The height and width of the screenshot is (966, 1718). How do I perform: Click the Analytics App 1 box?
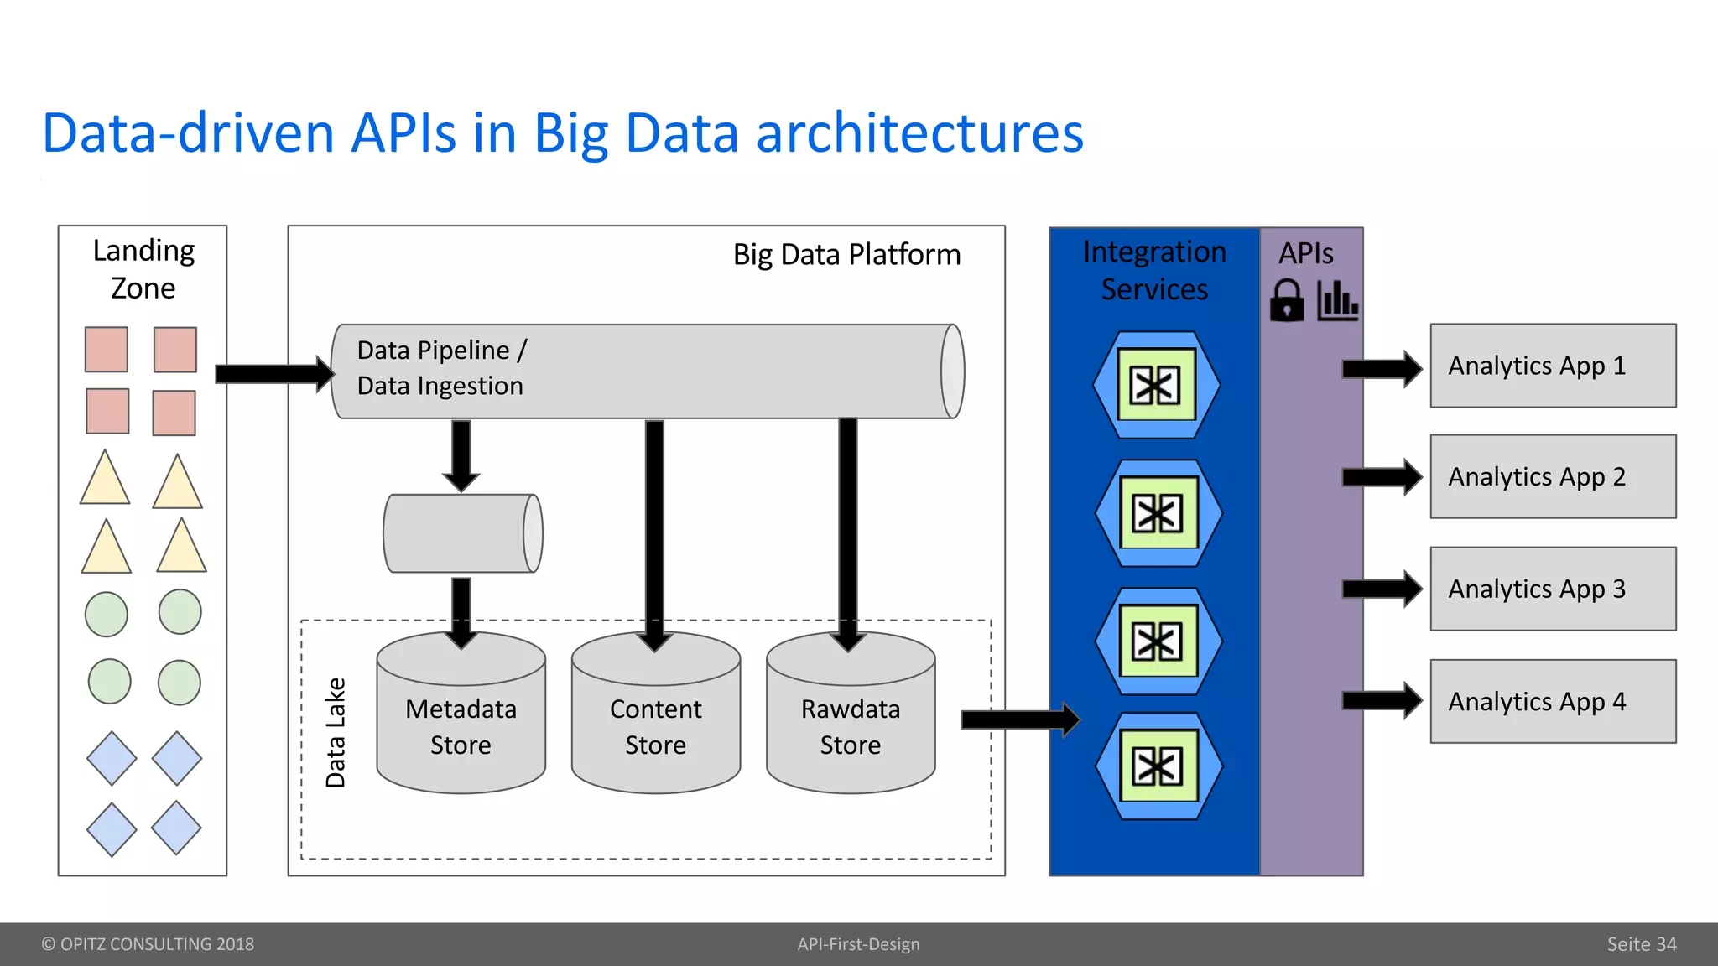point(1553,366)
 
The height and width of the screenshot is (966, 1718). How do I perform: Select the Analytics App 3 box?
point(1553,589)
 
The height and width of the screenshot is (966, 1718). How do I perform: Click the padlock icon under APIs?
point(1287,301)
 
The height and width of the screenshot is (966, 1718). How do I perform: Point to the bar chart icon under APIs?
point(1337,300)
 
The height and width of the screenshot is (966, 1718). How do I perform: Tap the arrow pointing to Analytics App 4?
point(1381,701)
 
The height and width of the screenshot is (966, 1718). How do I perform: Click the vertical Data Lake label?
point(336,732)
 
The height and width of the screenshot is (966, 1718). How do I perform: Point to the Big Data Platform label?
point(846,254)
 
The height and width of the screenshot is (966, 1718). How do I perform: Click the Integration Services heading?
point(1154,270)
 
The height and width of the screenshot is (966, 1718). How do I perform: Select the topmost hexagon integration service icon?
point(1156,385)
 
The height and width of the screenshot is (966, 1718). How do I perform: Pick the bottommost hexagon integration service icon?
point(1158,766)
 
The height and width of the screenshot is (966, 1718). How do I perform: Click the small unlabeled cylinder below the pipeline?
point(462,533)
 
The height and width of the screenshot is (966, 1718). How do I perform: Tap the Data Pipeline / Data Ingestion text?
point(441,367)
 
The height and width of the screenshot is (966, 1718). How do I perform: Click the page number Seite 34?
point(1641,944)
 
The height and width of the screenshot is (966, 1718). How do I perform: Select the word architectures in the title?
point(919,133)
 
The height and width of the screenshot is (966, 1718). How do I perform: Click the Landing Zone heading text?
point(143,269)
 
